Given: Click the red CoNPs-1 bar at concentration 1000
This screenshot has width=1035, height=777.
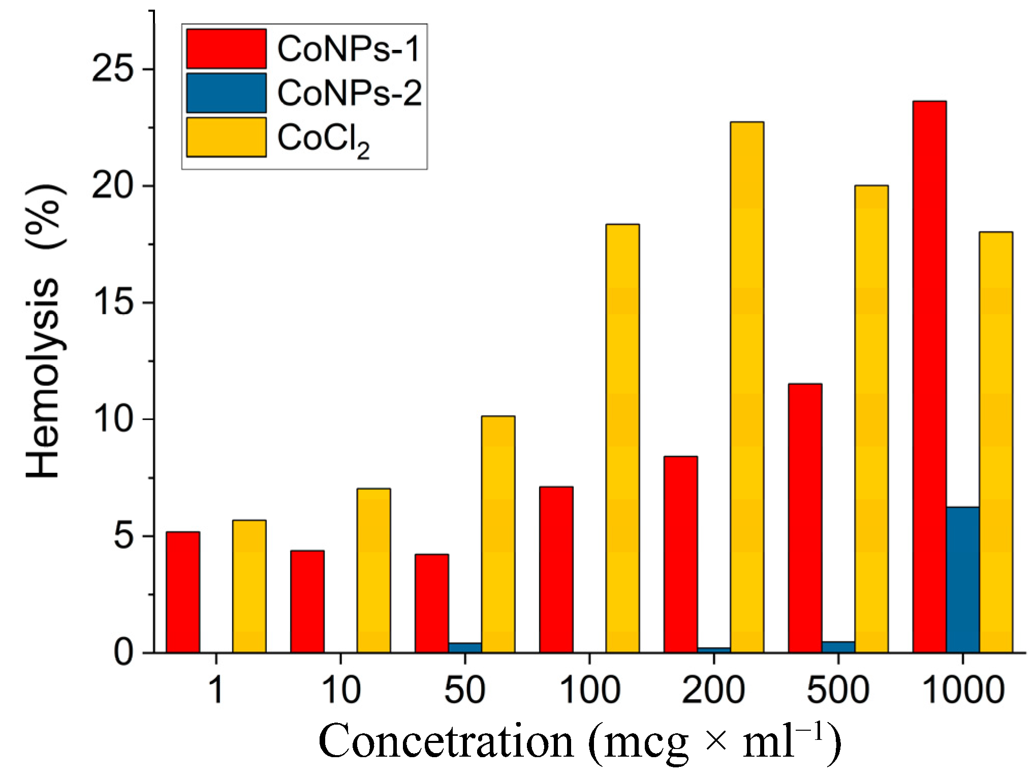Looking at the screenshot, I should click(929, 376).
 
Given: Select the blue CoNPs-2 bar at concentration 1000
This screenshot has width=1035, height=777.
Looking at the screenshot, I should click(962, 580).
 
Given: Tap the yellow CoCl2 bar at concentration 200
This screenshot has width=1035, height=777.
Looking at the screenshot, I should click(747, 386).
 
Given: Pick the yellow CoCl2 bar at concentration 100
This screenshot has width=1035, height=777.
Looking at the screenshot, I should click(622, 437).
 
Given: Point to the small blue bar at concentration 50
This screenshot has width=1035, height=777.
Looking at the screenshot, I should click(465, 647).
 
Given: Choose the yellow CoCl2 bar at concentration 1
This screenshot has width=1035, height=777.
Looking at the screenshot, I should click(249, 586).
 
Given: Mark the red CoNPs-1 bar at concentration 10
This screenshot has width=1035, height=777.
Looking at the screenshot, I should click(307, 601).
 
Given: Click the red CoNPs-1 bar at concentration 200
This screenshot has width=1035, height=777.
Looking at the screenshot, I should click(680, 554).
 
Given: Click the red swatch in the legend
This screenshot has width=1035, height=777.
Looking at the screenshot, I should click(226, 49).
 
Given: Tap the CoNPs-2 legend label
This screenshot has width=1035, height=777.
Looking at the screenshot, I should click(349, 93).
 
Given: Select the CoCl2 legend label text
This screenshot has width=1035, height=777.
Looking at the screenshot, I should click(323, 139).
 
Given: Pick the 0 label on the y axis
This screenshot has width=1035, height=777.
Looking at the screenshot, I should click(123, 652).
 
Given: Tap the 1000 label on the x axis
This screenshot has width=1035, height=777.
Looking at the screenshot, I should click(962, 690).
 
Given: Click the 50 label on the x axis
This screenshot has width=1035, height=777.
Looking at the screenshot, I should click(464, 690).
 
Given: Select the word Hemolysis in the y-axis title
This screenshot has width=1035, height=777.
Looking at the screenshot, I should click(43, 379).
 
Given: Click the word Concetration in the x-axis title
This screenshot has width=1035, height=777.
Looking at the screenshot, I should click(446, 741).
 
